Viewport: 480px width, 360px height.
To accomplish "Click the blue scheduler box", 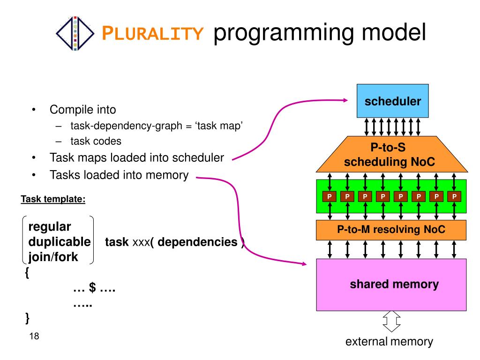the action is (x=392, y=101).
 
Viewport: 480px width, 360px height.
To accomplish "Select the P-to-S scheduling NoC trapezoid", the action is (x=392, y=154).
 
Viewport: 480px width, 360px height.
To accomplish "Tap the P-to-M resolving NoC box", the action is (x=391, y=230).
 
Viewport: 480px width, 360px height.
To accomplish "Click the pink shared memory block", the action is (x=391, y=285).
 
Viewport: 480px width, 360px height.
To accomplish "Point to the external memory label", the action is (x=389, y=341).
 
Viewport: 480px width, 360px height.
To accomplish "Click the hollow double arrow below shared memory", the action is (x=391, y=322).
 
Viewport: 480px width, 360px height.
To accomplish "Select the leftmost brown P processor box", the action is (x=330, y=196).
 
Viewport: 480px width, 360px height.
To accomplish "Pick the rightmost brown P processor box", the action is (x=454, y=196).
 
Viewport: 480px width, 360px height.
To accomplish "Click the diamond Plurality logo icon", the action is (x=75, y=33).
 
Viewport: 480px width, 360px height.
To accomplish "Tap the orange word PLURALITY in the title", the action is (x=152, y=33).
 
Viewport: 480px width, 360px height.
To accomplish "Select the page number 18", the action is (x=34, y=336).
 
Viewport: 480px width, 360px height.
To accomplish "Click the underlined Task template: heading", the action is (x=53, y=199).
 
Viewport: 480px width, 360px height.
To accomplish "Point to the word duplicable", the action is (x=60, y=242).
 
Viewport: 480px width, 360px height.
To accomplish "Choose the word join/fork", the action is (x=53, y=257).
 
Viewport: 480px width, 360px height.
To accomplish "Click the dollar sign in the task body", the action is (x=92, y=287).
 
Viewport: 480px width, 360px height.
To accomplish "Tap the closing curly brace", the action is (x=28, y=318).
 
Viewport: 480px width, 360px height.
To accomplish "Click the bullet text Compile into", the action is (x=82, y=110).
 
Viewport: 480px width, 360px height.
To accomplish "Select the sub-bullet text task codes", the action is (x=96, y=141).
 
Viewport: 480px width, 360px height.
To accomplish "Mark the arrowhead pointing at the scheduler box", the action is (x=345, y=100).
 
